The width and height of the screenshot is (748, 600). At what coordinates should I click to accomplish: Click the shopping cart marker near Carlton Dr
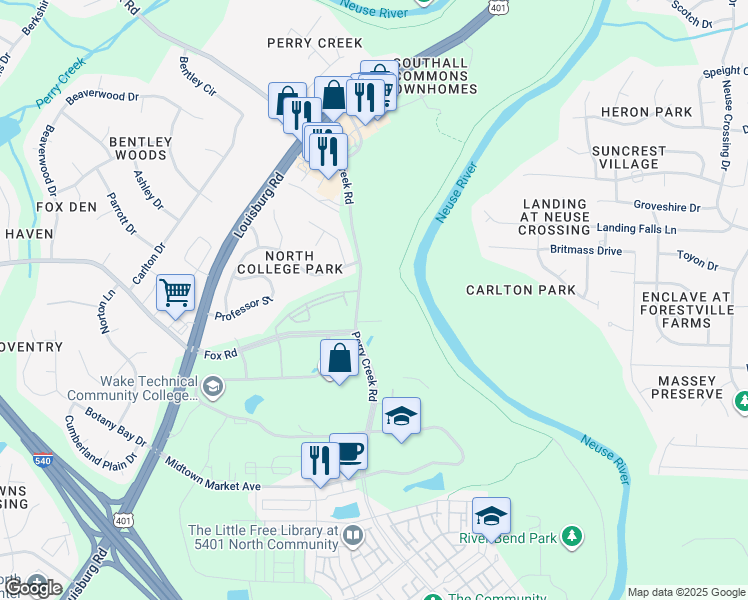pos(175,293)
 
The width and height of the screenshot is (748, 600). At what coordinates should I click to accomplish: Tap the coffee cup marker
pos(348,451)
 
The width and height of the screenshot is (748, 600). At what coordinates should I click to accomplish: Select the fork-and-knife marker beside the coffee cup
pos(320,461)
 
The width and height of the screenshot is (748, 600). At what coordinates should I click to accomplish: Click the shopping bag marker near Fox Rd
pos(339,358)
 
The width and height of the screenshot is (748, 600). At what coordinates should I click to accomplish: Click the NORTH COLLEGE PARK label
pos(290,262)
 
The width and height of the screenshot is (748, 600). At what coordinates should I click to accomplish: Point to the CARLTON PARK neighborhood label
pos(521,290)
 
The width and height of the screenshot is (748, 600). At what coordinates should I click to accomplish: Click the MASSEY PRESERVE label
pos(689,388)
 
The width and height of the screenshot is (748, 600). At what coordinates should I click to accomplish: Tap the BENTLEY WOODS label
pos(140,149)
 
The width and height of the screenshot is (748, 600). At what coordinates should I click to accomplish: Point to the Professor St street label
pos(244,309)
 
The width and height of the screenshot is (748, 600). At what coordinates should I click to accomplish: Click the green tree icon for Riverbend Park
pos(572,537)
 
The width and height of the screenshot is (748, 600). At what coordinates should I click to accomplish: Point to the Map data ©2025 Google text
pos(685,592)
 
